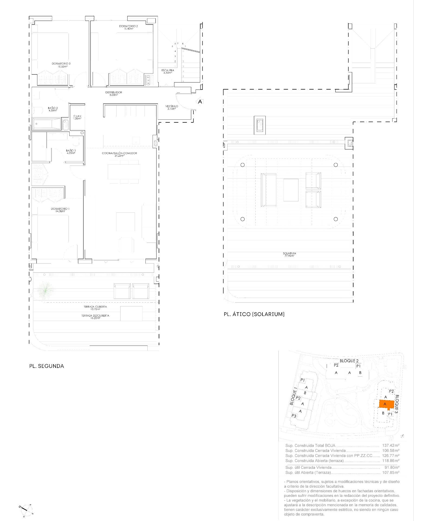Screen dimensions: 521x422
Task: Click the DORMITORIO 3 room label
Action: click(60, 65)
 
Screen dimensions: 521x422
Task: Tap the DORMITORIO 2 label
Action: click(128, 27)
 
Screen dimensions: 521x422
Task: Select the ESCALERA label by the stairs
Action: click(168, 71)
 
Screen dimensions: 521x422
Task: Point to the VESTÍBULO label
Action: click(172, 107)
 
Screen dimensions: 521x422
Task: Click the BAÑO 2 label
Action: click(53, 109)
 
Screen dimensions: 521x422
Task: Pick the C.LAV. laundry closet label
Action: click(77, 117)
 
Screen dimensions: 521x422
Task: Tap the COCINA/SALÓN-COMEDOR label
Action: click(119, 154)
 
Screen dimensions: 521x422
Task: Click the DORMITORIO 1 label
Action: click(60, 210)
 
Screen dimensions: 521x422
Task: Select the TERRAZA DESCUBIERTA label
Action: click(95, 317)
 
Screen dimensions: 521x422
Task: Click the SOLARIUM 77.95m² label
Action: click(289, 254)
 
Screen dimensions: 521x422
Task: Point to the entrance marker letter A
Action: click(200, 102)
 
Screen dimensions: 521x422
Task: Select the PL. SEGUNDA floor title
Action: click(47, 366)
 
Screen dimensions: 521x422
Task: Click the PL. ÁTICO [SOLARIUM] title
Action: click(254, 314)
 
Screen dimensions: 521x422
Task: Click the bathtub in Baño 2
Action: click(46, 124)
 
